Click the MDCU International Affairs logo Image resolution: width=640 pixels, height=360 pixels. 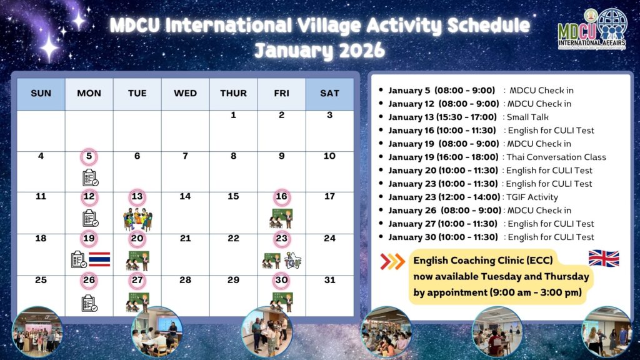[x=592, y=29]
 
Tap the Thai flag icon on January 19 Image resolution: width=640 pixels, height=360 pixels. [x=99, y=259]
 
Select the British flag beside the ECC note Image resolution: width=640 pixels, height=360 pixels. [x=604, y=258]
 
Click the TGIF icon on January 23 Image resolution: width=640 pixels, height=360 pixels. [x=292, y=260]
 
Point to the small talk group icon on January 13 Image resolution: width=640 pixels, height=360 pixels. [x=137, y=219]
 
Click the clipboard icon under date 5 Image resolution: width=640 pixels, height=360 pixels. [x=90, y=177]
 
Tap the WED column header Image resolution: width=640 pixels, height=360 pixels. [x=185, y=94]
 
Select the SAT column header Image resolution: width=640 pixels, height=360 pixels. [x=330, y=94]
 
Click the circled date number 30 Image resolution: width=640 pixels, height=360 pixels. [x=282, y=281]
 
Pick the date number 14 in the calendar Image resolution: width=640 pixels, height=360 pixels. [x=185, y=197]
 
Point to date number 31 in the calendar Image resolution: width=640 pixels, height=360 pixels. [x=329, y=280]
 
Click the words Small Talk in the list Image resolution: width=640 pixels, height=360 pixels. [x=527, y=117]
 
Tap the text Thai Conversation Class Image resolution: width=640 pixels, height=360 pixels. [x=556, y=157]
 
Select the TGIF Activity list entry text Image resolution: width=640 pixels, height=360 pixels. [x=532, y=197]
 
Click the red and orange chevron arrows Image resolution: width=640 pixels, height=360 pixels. [x=392, y=262]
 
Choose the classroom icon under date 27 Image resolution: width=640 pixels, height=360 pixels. [x=137, y=302]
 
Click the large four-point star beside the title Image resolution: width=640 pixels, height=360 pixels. [x=49, y=47]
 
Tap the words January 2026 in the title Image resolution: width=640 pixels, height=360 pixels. [x=319, y=51]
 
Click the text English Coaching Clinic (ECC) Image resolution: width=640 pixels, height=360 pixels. [x=483, y=261]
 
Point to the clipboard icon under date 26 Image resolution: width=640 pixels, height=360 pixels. [x=89, y=303]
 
